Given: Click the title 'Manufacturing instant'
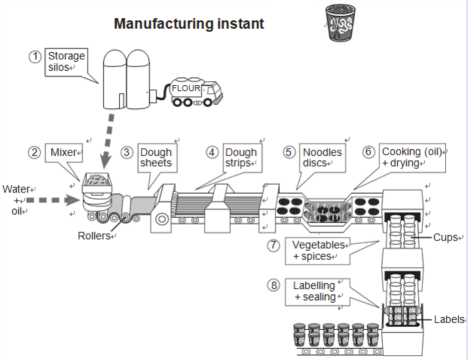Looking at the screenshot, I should click(189, 24).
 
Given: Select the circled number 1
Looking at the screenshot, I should click(35, 56).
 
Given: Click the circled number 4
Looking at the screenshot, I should click(212, 152).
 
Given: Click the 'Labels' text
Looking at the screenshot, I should click(448, 320).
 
